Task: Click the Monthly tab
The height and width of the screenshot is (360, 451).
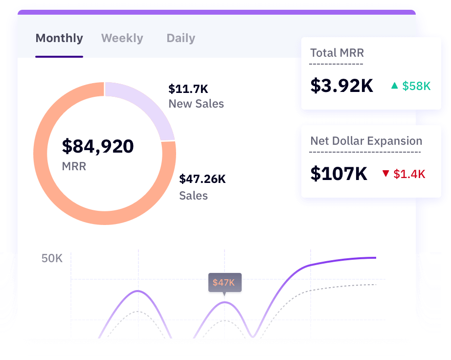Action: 59,38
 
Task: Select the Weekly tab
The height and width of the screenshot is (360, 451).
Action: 122,38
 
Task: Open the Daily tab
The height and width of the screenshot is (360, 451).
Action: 180,38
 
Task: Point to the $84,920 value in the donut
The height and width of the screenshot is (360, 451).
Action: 98,146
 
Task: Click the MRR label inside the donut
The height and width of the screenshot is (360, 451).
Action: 74,166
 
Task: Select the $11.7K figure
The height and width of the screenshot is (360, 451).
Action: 188,89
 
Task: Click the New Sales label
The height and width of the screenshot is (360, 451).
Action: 196,104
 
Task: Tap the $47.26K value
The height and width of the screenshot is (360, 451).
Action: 203,179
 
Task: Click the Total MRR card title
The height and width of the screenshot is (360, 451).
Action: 337,53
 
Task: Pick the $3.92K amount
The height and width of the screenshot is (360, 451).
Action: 341,86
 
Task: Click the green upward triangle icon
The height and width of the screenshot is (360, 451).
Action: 394,86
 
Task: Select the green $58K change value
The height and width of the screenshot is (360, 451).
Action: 416,86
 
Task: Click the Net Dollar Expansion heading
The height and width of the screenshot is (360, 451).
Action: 366,141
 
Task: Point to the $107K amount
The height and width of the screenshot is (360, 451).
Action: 338,173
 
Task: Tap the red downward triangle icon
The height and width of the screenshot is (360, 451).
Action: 385,174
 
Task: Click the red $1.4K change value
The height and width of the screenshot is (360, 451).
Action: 409,174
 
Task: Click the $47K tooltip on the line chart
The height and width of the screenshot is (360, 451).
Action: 224,283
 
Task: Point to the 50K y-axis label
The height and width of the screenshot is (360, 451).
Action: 52,258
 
